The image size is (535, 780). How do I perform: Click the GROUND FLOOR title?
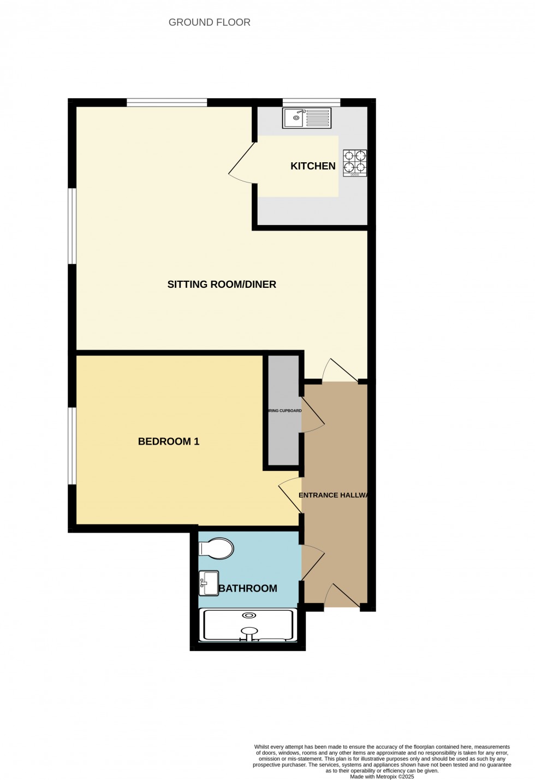(209, 22)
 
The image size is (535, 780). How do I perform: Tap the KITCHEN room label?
(313, 166)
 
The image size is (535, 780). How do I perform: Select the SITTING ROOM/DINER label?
(222, 284)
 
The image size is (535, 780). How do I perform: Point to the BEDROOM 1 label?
(169, 441)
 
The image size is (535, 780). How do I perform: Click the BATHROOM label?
(248, 588)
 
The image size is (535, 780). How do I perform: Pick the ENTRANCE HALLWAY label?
(334, 495)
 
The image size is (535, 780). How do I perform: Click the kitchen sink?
(306, 118)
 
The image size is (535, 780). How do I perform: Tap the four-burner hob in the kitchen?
(355, 163)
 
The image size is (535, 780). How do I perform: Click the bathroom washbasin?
(209, 583)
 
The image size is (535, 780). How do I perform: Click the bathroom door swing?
(312, 562)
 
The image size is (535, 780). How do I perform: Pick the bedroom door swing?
(290, 495)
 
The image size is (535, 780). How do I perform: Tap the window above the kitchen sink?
(312, 102)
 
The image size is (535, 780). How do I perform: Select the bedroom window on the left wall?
(72, 445)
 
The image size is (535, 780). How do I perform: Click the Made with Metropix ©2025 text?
(382, 776)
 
